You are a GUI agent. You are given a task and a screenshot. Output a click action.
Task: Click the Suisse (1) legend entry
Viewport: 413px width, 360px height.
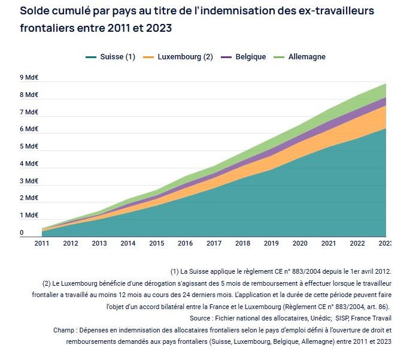tap(111, 57)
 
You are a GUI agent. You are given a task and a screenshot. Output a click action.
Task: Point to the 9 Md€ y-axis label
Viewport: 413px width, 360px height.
tap(29, 77)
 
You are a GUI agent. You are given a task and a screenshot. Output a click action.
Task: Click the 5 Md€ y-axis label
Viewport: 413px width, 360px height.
tap(29, 146)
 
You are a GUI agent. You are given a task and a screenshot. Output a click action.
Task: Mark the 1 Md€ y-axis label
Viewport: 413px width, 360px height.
tap(29, 215)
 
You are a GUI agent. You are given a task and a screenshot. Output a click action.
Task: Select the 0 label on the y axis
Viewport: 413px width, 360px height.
tap(22, 232)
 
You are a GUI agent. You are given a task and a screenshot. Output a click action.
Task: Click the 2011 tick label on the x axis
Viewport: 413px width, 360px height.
tap(42, 243)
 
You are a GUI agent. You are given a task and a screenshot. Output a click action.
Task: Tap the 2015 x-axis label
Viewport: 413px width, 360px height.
tap(157, 243)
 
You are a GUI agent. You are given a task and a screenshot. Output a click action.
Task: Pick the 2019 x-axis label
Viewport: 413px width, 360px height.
tap(271, 243)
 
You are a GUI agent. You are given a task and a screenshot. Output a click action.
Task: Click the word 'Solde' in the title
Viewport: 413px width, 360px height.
tap(37, 11)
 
